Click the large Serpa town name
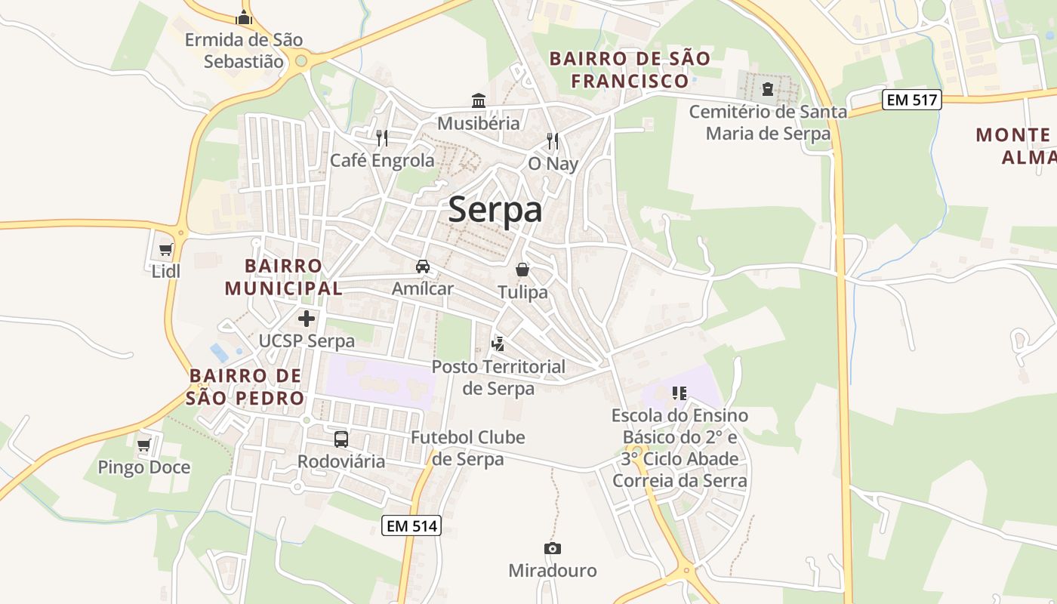(x=495, y=210)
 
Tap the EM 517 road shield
(x=912, y=99)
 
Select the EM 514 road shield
(x=411, y=525)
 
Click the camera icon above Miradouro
(x=553, y=549)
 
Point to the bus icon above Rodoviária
(x=341, y=439)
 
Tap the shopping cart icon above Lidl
(x=166, y=250)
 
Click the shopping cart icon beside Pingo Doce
(x=144, y=445)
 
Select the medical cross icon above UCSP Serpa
(x=307, y=319)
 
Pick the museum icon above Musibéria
(x=479, y=100)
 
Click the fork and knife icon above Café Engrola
(x=382, y=137)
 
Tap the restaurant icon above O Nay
(x=553, y=140)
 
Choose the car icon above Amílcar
(x=423, y=267)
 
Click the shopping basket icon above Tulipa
(x=522, y=270)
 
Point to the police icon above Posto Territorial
(x=498, y=344)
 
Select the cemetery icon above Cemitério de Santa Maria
(x=768, y=90)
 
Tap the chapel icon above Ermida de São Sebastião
(x=244, y=17)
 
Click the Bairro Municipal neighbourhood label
(x=283, y=277)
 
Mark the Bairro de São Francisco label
(x=630, y=69)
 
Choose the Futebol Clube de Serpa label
(x=467, y=448)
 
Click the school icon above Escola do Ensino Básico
(x=679, y=393)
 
